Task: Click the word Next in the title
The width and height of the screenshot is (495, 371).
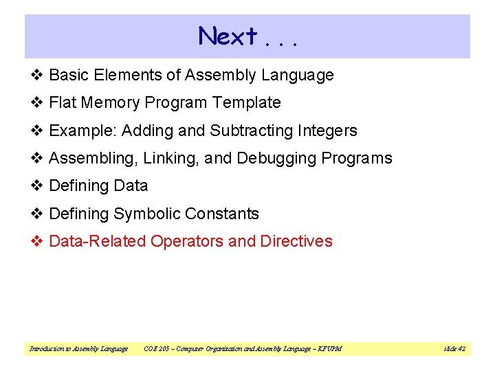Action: point(228,36)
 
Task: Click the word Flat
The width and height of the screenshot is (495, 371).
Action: point(62,103)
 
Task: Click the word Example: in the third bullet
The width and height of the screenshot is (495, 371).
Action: point(77,131)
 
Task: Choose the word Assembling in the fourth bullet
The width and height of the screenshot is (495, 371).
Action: point(93,159)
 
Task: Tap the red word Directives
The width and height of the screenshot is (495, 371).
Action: point(296,242)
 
